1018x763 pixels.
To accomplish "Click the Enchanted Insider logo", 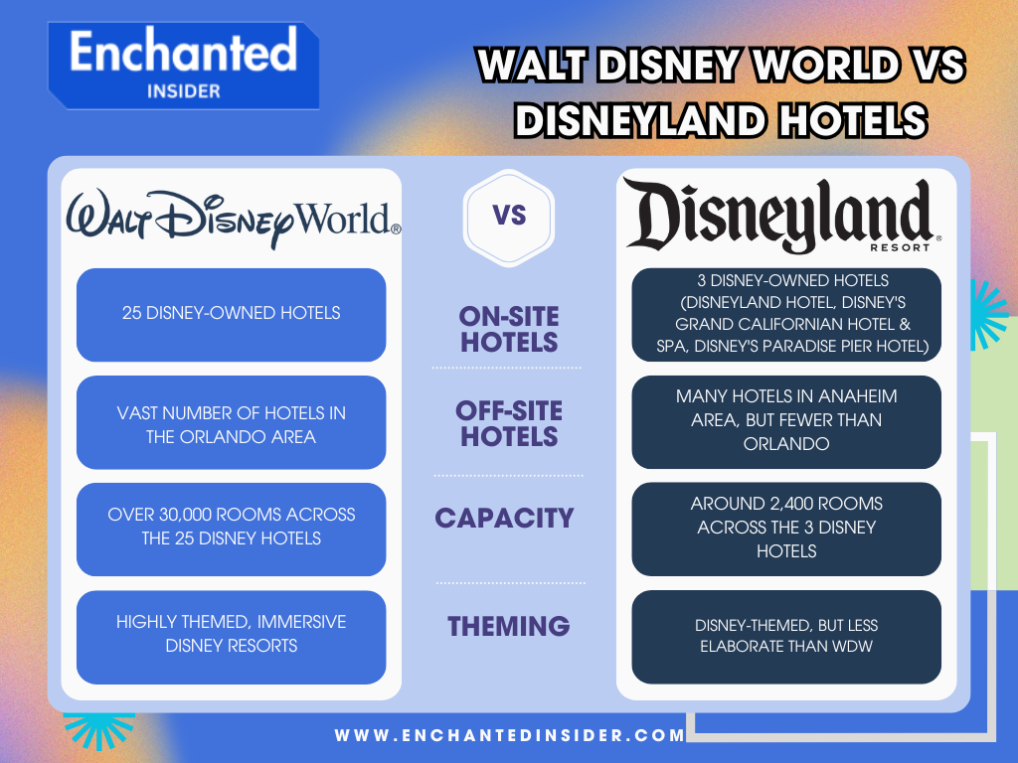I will tap(184, 65).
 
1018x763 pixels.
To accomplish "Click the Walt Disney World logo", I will tap(233, 220).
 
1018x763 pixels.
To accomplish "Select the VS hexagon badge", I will tap(509, 217).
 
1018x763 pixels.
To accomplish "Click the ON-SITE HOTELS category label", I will tap(509, 330).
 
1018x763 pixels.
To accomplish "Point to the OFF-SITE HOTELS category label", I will tap(509, 424).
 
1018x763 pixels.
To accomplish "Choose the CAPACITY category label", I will tap(504, 518).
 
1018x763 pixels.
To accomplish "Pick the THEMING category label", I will tap(508, 626).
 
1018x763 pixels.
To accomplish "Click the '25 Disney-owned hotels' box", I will tap(231, 314).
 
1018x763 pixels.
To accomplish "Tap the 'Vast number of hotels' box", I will tap(231, 422).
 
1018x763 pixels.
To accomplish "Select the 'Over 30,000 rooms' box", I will tap(231, 529).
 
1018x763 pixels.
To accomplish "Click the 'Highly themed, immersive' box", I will tap(231, 636).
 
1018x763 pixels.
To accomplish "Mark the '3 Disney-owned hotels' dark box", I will tap(785, 314).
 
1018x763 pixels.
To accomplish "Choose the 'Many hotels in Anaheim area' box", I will tap(785, 421).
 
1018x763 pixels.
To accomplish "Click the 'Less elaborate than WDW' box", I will tap(785, 636).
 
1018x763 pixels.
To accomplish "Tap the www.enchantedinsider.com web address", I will tap(510, 736).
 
